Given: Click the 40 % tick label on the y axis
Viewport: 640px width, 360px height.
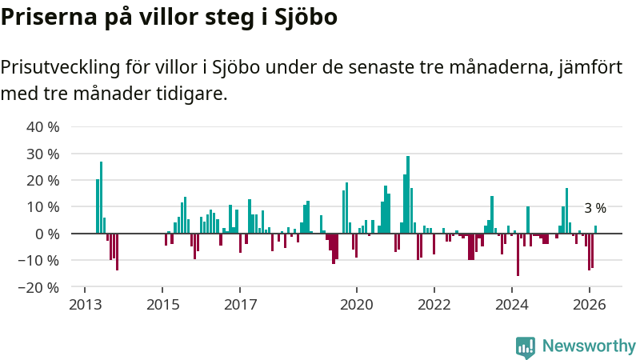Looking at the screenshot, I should coord(43,127).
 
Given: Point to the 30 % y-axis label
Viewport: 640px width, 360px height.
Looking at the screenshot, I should coord(43,154).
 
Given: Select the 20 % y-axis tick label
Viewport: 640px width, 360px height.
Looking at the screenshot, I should coord(43,180).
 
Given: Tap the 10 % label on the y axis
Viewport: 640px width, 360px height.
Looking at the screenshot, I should coord(43,206).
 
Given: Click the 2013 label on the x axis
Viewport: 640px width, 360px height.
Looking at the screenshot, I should coord(85,304).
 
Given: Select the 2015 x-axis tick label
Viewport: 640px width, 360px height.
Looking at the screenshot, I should coord(162,304).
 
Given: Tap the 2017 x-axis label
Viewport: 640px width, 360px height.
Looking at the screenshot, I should coord(240,304).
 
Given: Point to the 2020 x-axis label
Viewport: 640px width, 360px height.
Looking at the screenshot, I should coord(356,304).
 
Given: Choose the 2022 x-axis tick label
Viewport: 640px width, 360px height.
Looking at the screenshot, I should coord(434,304).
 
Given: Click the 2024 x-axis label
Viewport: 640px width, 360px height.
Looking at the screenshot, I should coord(512,304).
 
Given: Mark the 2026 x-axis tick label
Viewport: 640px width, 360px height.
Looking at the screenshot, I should coord(590,304).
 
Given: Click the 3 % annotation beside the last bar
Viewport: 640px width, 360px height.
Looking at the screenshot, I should coord(595,208).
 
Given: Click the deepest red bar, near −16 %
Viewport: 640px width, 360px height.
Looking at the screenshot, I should coord(518,254).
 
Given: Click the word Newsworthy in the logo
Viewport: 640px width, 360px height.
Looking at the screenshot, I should coord(589,346).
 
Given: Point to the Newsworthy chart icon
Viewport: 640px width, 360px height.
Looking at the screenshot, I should coord(526,346).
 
